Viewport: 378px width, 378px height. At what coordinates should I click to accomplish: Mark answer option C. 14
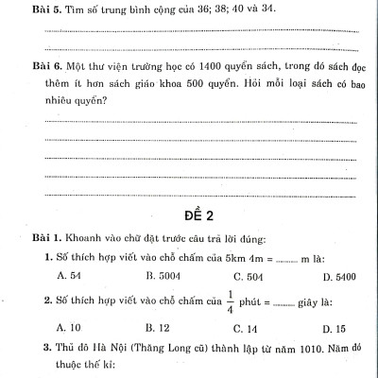pyautogui.click(x=244, y=328)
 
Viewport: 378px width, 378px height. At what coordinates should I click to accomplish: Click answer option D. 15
pyautogui.click(x=334, y=328)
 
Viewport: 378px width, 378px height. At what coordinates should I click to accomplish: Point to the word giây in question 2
pyautogui.click(x=316, y=303)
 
